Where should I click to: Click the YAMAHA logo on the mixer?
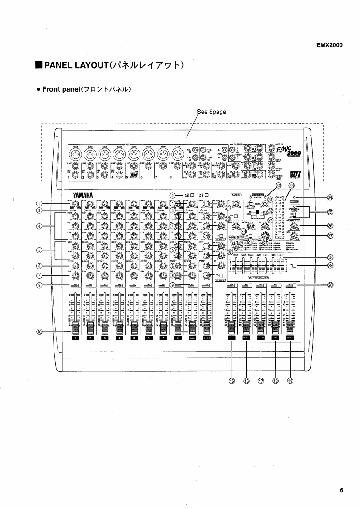coord(83,196)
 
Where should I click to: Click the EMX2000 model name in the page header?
coord(330,45)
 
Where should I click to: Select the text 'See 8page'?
coord(212,111)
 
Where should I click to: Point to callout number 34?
coord(330,196)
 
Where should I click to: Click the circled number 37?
coord(330,235)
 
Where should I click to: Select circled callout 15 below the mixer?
coord(232,382)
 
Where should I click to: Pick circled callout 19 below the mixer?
coord(290,382)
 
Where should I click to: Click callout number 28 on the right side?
coord(330,257)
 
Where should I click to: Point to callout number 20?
coord(330,285)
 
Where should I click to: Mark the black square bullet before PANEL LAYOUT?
coord(39,65)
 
